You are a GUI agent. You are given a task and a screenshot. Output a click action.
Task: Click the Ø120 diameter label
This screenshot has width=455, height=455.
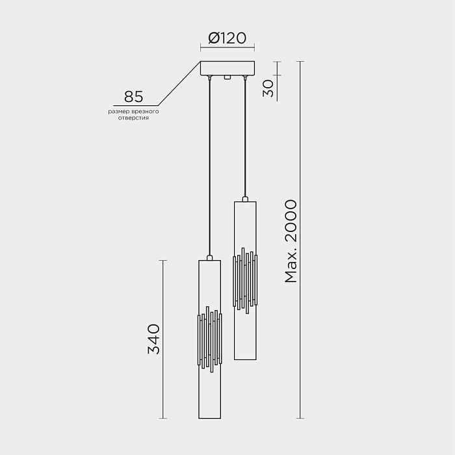point(227,38)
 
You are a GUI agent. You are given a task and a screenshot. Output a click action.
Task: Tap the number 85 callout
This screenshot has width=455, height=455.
point(133,97)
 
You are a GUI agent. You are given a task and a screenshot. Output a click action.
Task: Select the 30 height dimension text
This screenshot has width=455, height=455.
point(268,88)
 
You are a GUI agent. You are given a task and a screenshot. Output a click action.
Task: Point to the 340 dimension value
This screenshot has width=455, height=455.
point(154,339)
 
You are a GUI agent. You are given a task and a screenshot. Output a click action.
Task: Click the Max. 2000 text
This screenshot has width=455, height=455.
point(291,241)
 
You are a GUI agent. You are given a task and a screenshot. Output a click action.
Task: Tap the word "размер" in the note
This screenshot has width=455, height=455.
point(119,112)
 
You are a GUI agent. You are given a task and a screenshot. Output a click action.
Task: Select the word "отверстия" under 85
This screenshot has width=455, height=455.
point(133,118)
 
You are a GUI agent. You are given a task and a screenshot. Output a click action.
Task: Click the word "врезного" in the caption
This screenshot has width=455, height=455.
point(146,112)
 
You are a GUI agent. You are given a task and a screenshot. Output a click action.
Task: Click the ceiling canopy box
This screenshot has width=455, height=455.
point(227,68)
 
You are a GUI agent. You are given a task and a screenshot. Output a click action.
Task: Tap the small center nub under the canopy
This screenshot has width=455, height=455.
point(227,77)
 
